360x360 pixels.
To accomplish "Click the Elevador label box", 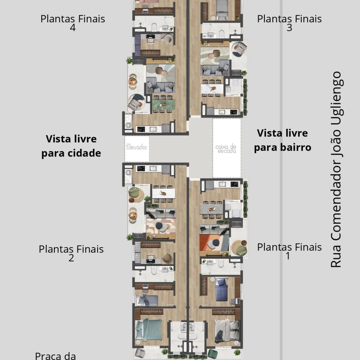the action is click(137, 149).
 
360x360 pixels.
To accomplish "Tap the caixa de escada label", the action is click(226, 149).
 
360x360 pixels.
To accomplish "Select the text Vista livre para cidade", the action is click(71, 146).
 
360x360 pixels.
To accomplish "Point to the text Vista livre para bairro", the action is click(282, 140).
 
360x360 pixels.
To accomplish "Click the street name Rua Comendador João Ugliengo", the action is click(336, 170).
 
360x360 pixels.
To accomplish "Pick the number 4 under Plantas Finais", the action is click(72, 28).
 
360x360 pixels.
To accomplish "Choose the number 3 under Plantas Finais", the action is click(289, 28).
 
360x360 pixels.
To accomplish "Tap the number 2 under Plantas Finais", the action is click(71, 258).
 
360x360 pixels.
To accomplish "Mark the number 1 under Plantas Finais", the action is click(288, 256).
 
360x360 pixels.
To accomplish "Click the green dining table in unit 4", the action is click(164, 104).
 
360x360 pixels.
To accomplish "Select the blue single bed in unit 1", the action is click(221, 290).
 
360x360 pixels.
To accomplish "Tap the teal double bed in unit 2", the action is click(148, 330).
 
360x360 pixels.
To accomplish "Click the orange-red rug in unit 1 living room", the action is click(214, 243).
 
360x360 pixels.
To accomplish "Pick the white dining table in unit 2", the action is click(164, 193).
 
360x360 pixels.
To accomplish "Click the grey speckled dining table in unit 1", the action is click(212, 209).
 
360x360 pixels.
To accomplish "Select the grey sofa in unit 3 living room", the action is click(215, 68).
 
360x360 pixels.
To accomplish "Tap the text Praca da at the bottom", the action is click(55, 356).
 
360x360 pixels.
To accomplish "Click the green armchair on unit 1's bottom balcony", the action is click(212, 354).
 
